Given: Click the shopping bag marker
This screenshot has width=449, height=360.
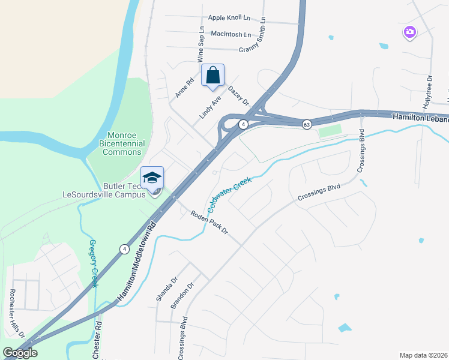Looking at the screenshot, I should click(212, 76).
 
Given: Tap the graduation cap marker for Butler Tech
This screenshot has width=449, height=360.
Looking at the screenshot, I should click(152, 178).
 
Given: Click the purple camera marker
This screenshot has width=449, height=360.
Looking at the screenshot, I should click(410, 32).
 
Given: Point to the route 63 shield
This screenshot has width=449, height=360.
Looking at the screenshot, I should click(307, 124).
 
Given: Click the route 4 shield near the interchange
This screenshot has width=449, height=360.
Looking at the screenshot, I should click(243, 124).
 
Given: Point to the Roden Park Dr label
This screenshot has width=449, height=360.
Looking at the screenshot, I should click(209, 223).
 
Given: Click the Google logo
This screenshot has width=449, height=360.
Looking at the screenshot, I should click(20, 353).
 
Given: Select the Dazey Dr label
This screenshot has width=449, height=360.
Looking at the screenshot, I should click(238, 94).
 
